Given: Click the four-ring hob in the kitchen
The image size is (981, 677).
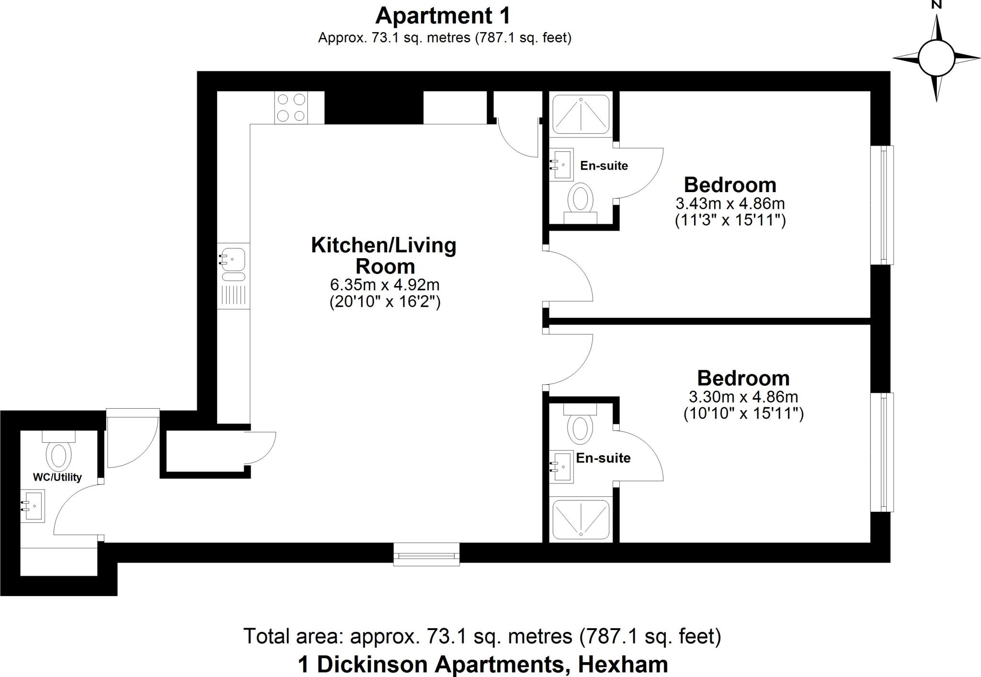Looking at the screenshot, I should pyautogui.click(x=291, y=107).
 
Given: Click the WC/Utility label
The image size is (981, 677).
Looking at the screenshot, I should pyautogui.click(x=57, y=477).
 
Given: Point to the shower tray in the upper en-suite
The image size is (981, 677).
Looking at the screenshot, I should pyautogui.click(x=581, y=114).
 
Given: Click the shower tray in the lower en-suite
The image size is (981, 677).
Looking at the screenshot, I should pyautogui.click(x=581, y=519).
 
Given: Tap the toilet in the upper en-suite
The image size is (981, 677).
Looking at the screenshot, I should pyautogui.click(x=581, y=201).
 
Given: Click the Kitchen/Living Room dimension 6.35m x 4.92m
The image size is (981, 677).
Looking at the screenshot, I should pyautogui.click(x=385, y=285).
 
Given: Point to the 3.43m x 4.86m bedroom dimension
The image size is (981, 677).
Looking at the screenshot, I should pyautogui.click(x=730, y=204).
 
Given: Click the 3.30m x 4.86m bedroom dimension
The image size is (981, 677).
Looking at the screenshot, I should pyautogui.click(x=743, y=397).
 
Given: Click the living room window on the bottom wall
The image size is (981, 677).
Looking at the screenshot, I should pyautogui.click(x=426, y=554).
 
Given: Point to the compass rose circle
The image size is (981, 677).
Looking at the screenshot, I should pyautogui.click(x=936, y=57).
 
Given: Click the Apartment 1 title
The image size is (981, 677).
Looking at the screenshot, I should pyautogui.click(x=443, y=16).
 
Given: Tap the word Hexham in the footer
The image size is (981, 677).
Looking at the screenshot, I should pyautogui.click(x=623, y=664).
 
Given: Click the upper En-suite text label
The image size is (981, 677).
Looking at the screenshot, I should pyautogui.click(x=604, y=166).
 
